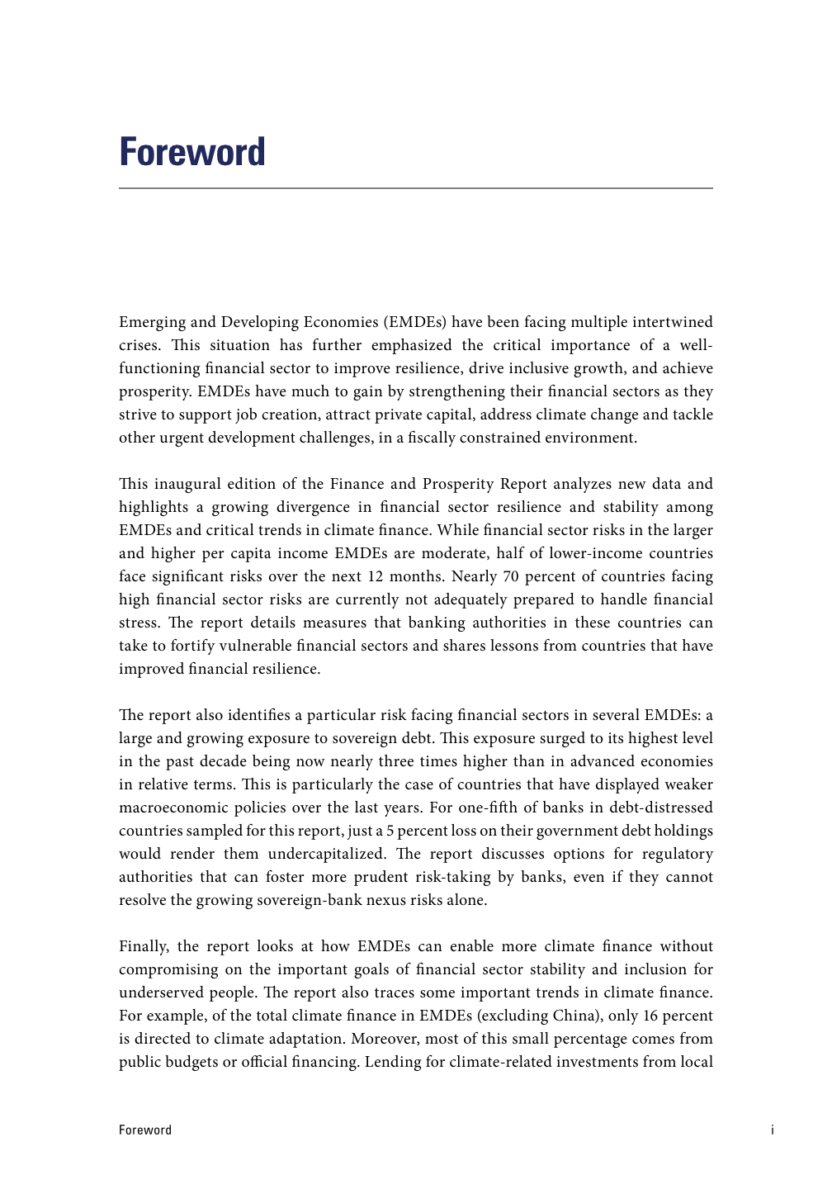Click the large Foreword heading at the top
[x=192, y=152]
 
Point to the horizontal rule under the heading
[x=416, y=188]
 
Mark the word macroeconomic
[x=179, y=808]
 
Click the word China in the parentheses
[x=575, y=1016]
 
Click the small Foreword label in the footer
[x=145, y=1130]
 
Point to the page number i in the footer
[x=773, y=1130]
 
